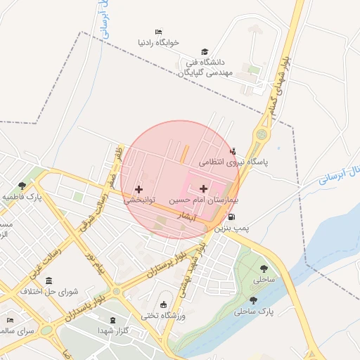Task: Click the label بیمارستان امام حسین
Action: tap(203, 200)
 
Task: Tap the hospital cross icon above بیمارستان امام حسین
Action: tap(204, 188)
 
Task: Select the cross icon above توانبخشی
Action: tap(139, 189)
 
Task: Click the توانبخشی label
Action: tap(139, 200)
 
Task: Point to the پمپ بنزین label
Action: tap(232, 229)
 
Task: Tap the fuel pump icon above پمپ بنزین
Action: tap(231, 217)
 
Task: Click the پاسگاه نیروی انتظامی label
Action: tap(233, 162)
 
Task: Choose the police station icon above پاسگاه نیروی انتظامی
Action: tap(233, 150)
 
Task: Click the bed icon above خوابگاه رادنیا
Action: tap(159, 32)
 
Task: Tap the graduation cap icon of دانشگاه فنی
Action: tap(205, 51)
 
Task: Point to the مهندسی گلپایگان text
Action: tap(205, 72)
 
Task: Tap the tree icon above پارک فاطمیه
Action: tap(22, 186)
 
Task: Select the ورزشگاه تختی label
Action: tap(163, 316)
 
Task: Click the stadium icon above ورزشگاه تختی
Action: tap(164, 304)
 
